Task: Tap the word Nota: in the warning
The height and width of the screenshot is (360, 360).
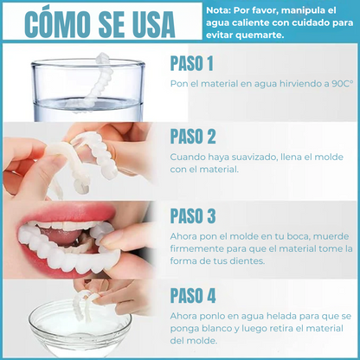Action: [x=222, y=10]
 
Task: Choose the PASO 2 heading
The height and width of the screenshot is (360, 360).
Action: [x=193, y=137]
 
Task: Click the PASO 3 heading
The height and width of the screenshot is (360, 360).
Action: [x=193, y=215]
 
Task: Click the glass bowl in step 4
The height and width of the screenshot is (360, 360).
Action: [x=78, y=329]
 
